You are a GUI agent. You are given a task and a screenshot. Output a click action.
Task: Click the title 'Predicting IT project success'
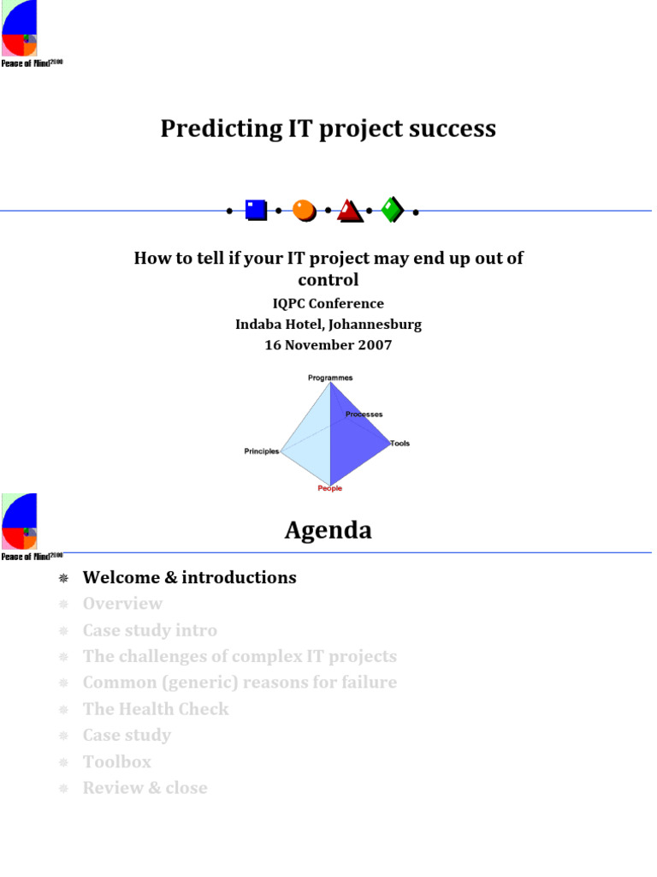click(x=328, y=128)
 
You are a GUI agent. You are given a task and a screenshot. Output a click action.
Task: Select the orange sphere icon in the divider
click(x=304, y=210)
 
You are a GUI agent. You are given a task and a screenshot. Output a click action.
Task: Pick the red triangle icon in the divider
click(x=350, y=211)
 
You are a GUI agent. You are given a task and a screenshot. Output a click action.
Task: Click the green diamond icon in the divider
click(x=392, y=210)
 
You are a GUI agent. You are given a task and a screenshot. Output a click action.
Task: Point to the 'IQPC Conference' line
click(x=328, y=303)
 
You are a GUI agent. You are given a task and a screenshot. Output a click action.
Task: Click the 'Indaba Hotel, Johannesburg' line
click(x=328, y=325)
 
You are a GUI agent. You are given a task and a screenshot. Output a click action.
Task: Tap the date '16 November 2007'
click(x=328, y=345)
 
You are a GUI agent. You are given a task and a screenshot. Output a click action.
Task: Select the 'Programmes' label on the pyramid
click(x=330, y=378)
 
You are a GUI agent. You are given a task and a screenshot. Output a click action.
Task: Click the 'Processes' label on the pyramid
click(x=364, y=415)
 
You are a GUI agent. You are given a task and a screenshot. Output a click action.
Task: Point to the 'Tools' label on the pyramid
click(x=400, y=444)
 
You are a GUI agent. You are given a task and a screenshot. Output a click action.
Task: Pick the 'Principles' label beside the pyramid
click(x=262, y=451)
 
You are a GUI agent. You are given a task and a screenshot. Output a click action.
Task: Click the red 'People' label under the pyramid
click(x=329, y=488)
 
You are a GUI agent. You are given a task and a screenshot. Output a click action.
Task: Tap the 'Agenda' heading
click(x=328, y=531)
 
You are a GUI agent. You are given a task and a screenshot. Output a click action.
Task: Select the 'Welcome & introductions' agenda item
click(x=189, y=577)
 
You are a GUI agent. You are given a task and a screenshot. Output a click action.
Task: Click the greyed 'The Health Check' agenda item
click(x=156, y=709)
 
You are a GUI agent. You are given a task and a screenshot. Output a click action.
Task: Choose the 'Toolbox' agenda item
click(x=116, y=761)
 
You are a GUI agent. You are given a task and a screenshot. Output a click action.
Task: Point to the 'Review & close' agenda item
click(x=145, y=788)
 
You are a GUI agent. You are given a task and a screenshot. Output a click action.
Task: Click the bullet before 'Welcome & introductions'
click(x=62, y=578)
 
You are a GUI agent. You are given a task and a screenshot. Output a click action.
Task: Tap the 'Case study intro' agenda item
click(x=150, y=630)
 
